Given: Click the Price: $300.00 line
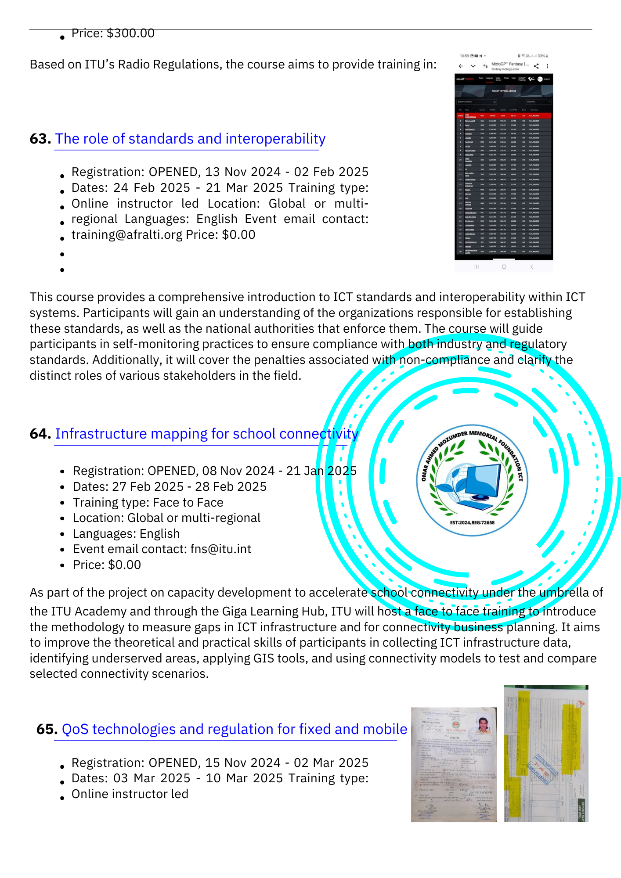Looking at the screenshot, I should coord(113,33).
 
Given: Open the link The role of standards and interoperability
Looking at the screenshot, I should coord(190,139).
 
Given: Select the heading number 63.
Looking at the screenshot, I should coord(40,139).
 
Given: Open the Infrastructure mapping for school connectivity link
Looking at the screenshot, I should coord(206,434).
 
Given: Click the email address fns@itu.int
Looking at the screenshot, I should coord(220,549).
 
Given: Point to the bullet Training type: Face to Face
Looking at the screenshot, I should coord(148,502).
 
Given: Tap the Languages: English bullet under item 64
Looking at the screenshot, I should coord(126,534).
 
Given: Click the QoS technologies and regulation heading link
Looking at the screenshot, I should coord(234,729).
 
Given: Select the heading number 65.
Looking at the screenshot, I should coord(47,729).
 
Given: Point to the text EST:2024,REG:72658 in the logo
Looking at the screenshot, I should coord(472,523).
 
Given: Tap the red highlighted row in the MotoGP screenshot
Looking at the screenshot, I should coord(503,115).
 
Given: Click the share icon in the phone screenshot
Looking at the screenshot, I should coord(536,66).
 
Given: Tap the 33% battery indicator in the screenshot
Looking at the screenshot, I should coord(542,56).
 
